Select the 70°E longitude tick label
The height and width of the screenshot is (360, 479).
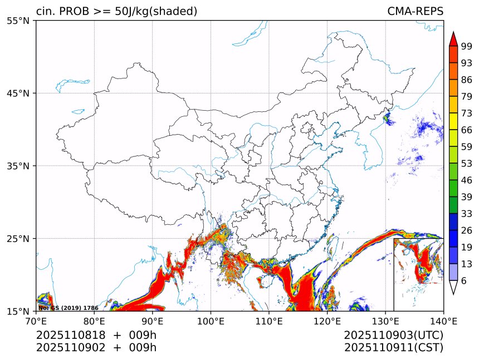(x=36, y=320)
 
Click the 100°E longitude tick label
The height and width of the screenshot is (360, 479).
(x=211, y=320)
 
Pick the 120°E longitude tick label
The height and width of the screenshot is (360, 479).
(x=327, y=320)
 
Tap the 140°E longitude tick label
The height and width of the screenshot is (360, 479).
(x=443, y=320)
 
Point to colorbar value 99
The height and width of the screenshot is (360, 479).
(x=467, y=46)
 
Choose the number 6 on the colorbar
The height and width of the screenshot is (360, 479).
(x=464, y=280)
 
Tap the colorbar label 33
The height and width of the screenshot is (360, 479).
(x=467, y=214)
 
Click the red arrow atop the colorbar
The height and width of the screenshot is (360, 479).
(x=453, y=38)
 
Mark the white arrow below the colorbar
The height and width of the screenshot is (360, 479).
(x=453, y=288)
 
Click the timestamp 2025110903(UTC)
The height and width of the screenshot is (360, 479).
(x=393, y=336)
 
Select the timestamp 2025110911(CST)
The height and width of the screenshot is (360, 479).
(x=393, y=348)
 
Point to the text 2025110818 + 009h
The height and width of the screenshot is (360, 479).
(x=96, y=336)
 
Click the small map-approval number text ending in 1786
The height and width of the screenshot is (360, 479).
(x=69, y=308)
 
